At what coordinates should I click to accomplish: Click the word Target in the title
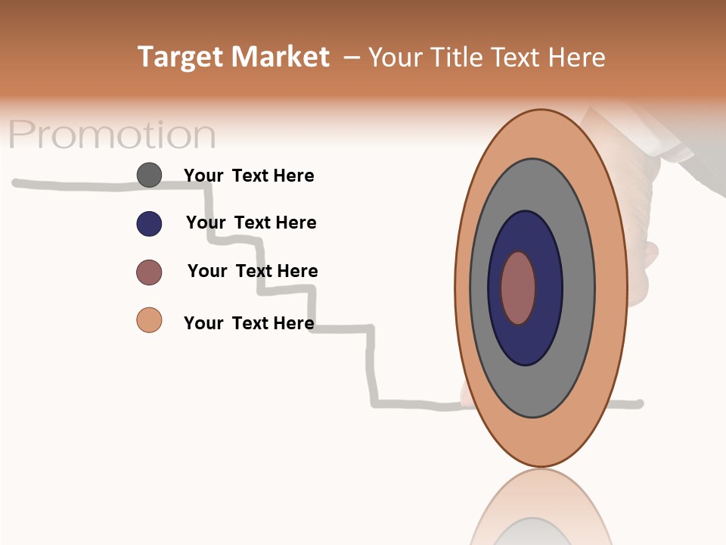pos(179,58)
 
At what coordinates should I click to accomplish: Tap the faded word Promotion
pos(112,135)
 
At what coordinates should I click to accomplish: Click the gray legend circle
pos(149,175)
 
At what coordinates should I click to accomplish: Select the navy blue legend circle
pos(149,223)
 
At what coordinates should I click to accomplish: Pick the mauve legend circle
pos(149,272)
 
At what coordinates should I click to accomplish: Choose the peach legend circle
pos(149,320)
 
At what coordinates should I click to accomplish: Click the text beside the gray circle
pos(249,176)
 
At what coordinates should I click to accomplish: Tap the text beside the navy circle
pos(251,223)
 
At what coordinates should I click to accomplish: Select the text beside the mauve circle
pos(253,271)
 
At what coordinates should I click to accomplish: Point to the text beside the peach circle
pos(249,323)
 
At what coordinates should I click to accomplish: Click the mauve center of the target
pos(518,288)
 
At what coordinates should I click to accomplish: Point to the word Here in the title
pos(576,58)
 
